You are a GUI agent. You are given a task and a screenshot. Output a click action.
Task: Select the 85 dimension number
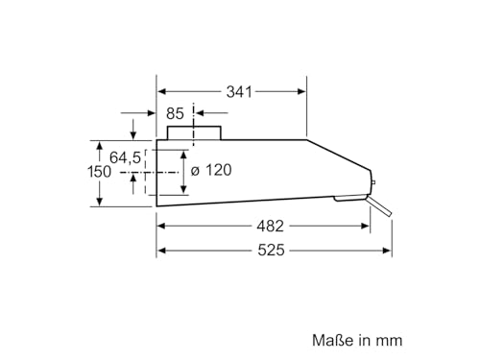point(175,113)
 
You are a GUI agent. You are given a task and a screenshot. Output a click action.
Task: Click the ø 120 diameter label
point(212,170)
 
